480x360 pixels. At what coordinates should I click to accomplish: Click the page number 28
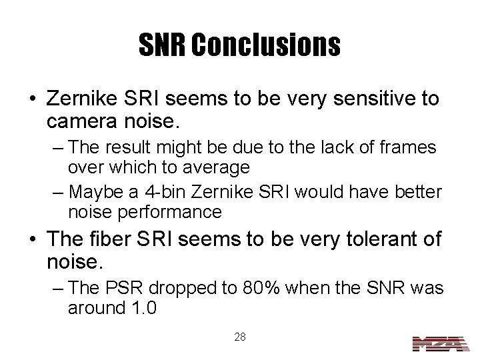tap(240, 337)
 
